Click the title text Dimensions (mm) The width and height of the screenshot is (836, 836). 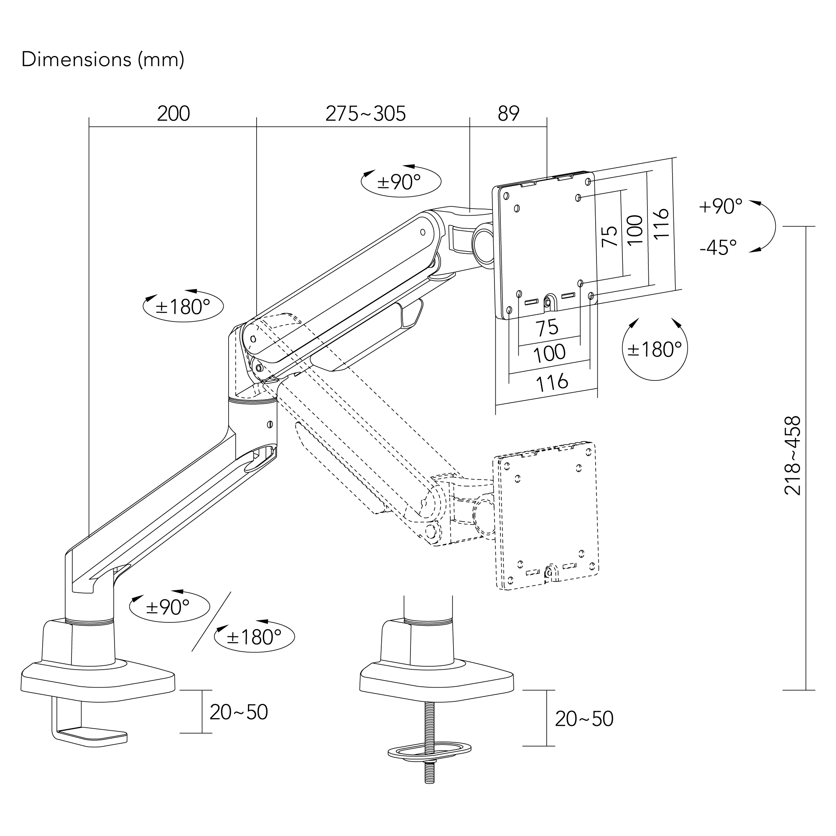[103, 60]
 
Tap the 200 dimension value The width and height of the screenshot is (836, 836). [173, 114]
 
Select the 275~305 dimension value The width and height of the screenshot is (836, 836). [366, 114]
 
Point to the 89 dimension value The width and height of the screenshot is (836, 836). [508, 114]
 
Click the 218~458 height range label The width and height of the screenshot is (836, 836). [792, 456]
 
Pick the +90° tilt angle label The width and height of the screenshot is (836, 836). [720, 206]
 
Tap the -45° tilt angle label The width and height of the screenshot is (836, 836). [718, 247]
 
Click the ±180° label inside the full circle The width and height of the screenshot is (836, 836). [654, 349]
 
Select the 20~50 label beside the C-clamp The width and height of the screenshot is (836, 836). [238, 712]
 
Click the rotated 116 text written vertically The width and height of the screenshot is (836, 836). [662, 223]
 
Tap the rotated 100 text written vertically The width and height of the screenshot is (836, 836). [635, 230]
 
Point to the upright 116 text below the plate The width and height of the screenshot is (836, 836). [552, 382]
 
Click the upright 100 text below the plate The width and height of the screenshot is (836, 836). [549, 353]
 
